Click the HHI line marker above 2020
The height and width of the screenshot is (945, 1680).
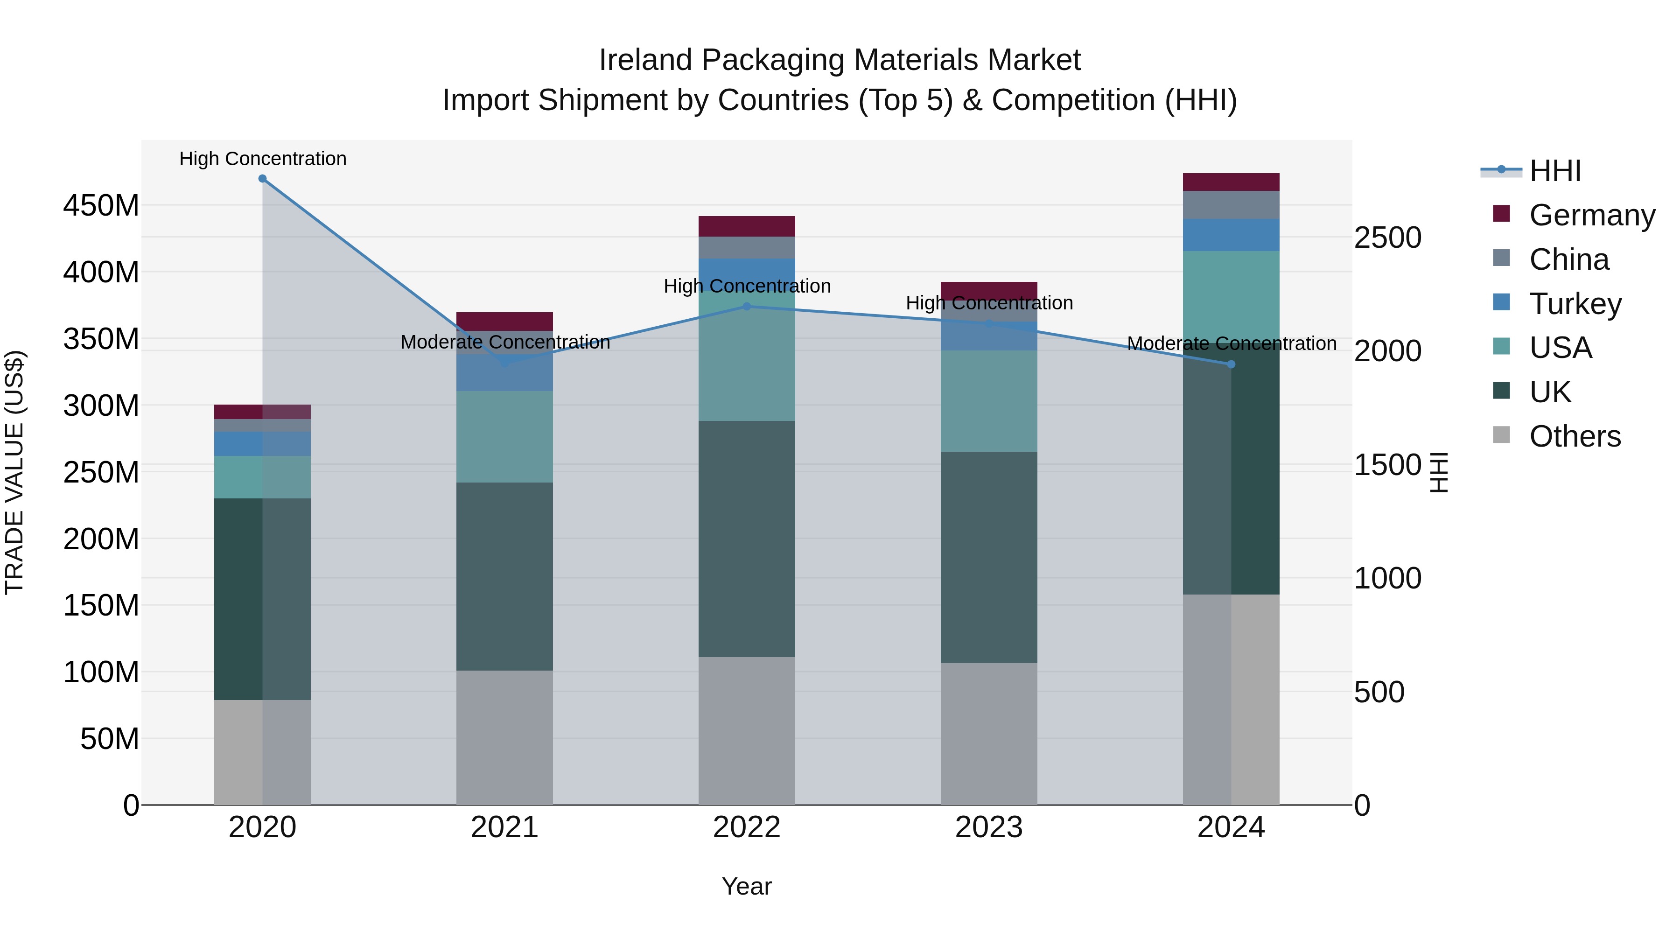tap(262, 179)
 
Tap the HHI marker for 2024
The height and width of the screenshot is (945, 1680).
tap(1231, 364)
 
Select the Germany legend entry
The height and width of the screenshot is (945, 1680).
tap(1591, 215)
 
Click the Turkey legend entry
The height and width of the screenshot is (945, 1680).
tap(1575, 304)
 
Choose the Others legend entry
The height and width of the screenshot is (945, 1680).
tap(1575, 436)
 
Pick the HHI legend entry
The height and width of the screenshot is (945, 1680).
tap(1555, 171)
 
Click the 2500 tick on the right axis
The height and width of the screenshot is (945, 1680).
tap(1387, 238)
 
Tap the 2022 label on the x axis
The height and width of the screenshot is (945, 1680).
tap(746, 827)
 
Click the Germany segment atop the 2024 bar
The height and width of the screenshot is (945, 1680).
tap(1231, 182)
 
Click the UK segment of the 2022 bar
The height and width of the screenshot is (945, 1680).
tap(746, 538)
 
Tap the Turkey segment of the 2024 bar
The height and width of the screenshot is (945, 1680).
tap(1231, 235)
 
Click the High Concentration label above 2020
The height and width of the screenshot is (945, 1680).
tap(263, 159)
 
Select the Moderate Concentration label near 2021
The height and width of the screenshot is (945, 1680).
tap(505, 343)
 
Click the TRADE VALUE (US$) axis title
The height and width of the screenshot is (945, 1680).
tap(14, 472)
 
